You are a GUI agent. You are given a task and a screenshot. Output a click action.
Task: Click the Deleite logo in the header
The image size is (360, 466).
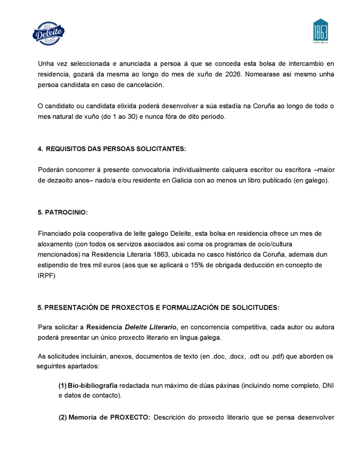(49, 33)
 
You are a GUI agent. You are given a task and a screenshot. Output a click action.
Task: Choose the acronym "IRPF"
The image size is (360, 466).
(46, 275)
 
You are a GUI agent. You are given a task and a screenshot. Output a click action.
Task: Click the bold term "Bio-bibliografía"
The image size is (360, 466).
(93, 385)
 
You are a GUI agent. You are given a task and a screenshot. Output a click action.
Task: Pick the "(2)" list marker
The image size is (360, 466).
(63, 417)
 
